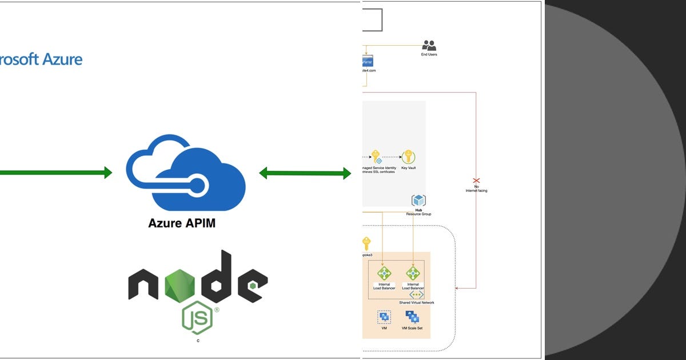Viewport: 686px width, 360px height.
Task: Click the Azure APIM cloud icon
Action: point(186,173)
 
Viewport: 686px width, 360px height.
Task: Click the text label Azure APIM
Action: point(182,223)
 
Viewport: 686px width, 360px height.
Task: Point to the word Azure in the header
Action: point(62,59)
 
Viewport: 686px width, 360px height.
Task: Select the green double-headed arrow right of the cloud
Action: point(305,173)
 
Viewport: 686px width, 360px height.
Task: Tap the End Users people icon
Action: point(429,45)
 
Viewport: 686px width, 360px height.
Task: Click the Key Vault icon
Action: point(408,157)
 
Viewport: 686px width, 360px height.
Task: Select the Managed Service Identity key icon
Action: point(376,157)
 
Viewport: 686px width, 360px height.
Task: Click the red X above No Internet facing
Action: point(476,180)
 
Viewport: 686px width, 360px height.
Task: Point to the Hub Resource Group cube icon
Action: point(418,201)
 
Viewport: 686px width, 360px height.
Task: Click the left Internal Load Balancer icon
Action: point(384,273)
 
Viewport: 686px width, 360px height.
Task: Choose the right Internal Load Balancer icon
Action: point(413,273)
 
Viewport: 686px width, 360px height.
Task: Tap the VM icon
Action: point(384,317)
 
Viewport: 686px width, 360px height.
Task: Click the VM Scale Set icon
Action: point(412,317)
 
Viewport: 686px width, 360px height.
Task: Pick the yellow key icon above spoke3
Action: point(366,243)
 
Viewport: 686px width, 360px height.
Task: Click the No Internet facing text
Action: point(476,189)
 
